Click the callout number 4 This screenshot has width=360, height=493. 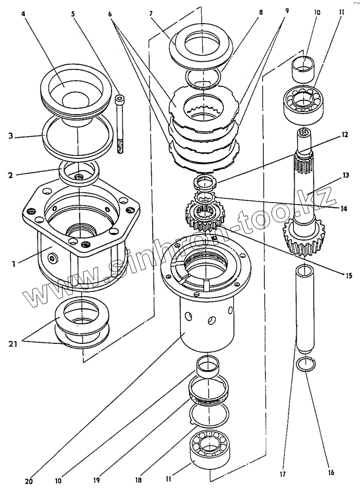24,14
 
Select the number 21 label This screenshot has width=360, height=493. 13,343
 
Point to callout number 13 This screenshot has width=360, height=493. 346,175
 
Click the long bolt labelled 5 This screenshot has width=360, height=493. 121,123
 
